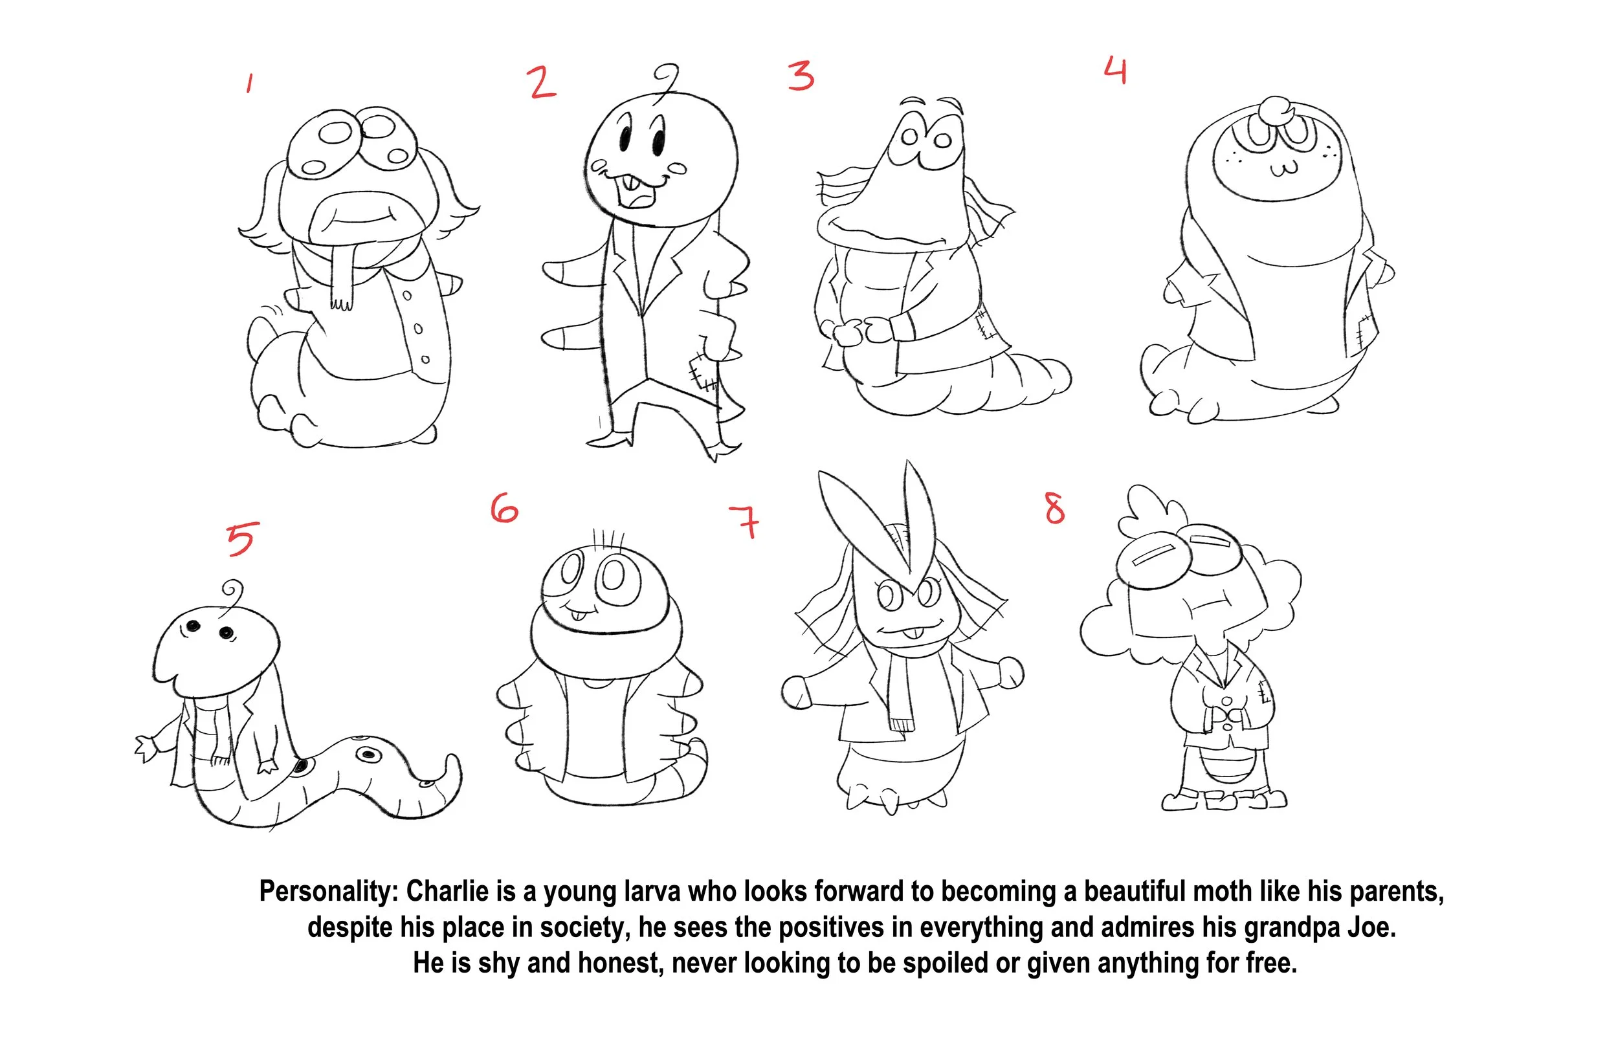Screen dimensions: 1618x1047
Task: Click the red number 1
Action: click(x=250, y=83)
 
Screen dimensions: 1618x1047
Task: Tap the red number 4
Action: click(x=1116, y=71)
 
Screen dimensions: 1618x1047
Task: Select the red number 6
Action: click(x=504, y=509)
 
